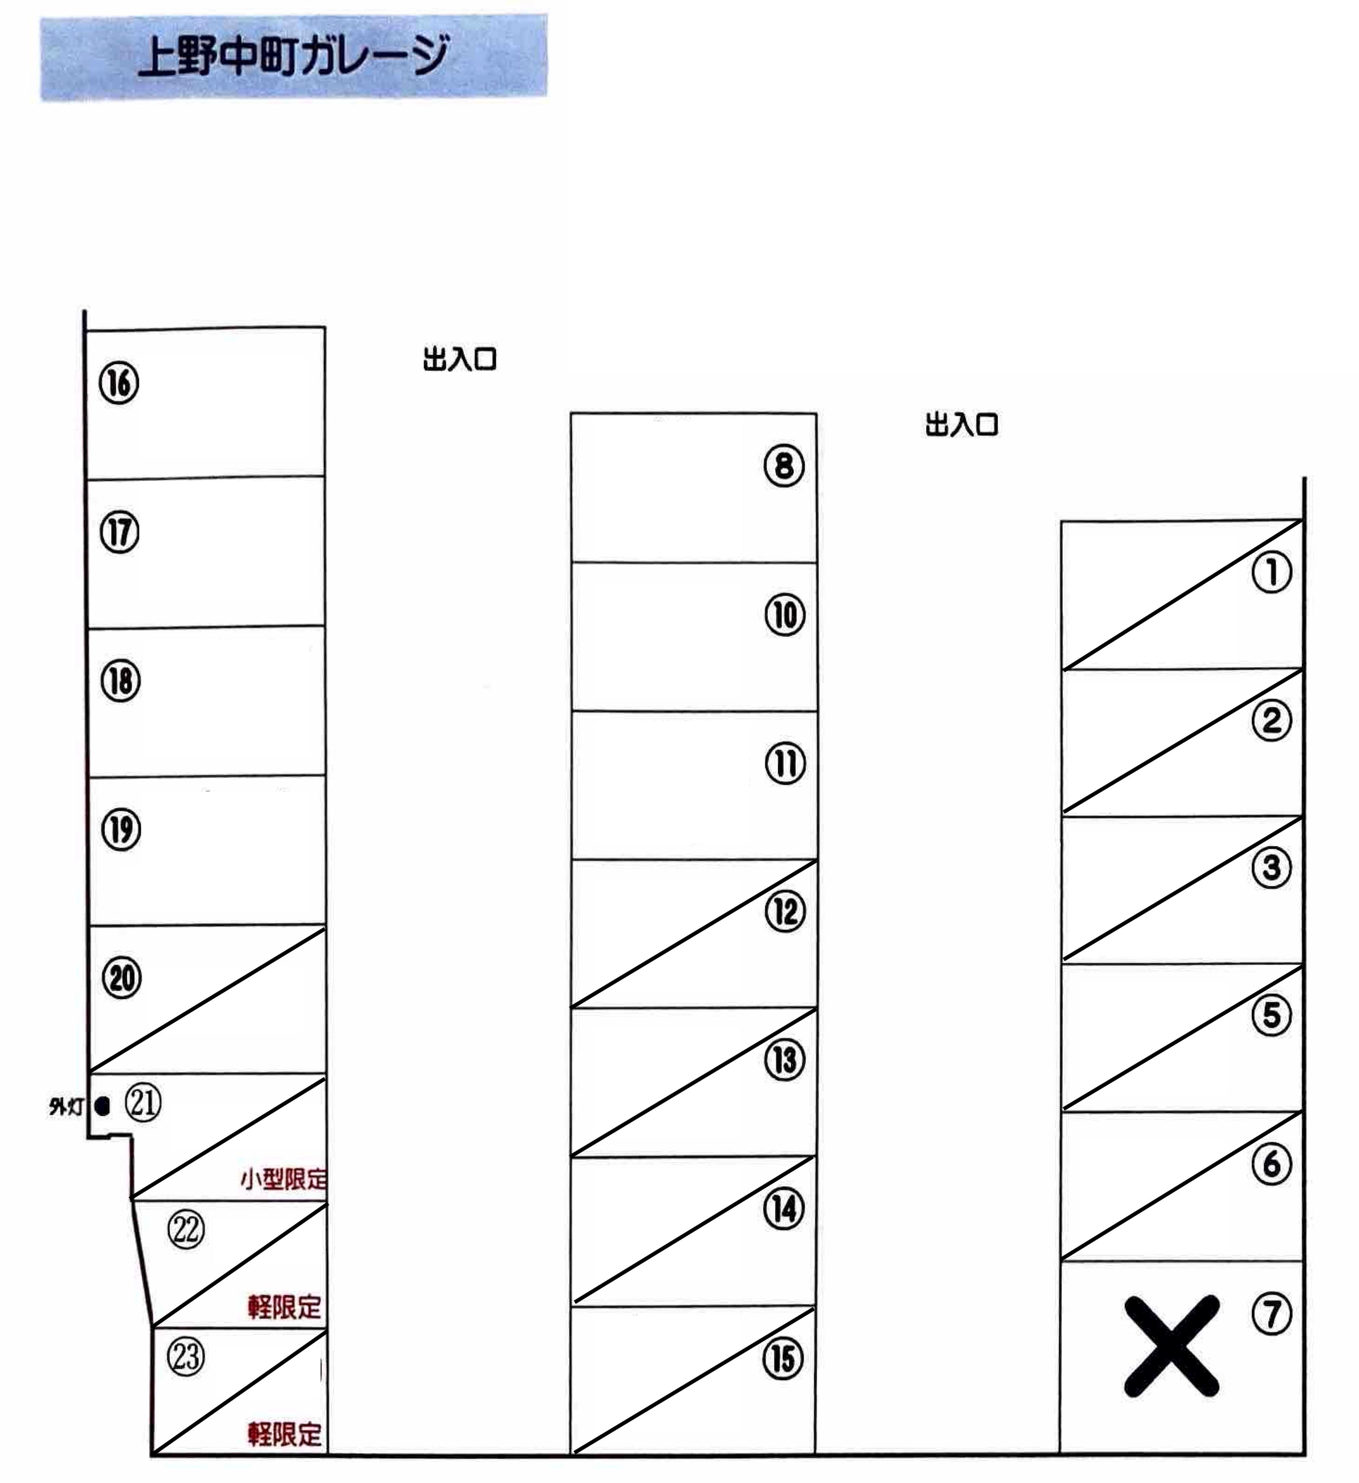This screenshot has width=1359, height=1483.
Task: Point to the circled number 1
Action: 1271,572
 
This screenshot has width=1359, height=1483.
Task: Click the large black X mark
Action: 1171,1345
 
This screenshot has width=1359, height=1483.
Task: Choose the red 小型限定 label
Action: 283,1179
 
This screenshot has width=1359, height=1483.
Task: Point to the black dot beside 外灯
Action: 102,1105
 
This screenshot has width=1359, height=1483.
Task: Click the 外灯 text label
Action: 66,1106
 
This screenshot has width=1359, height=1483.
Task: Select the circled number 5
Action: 1271,1015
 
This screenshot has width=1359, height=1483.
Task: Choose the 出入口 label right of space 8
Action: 962,425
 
